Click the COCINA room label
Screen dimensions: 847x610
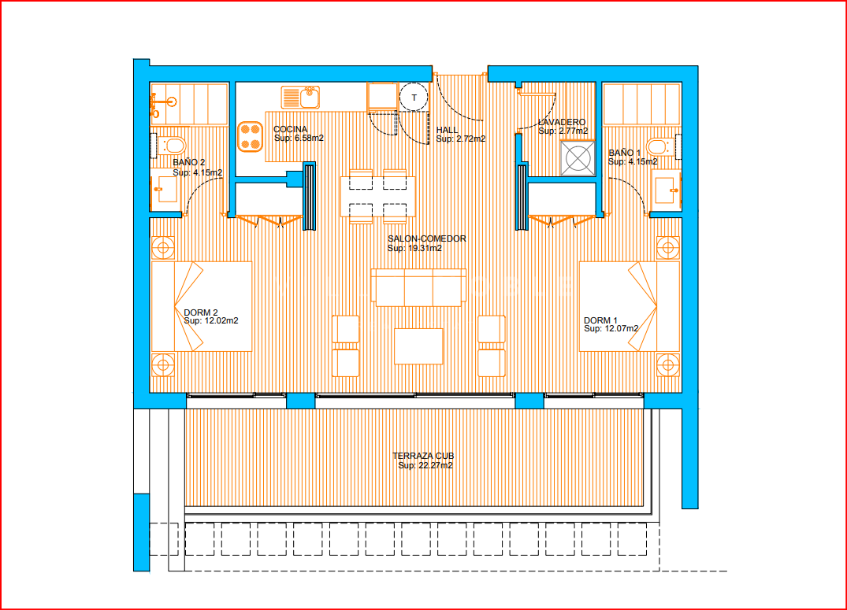[x=290, y=129]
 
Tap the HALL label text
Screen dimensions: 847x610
[x=447, y=130]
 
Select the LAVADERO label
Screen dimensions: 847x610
[x=562, y=122]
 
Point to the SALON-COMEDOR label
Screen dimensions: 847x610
[x=427, y=238]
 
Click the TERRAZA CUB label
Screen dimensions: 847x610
[x=423, y=456]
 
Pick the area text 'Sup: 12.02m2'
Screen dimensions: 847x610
[x=210, y=320]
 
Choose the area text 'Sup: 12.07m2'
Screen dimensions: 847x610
[x=611, y=328]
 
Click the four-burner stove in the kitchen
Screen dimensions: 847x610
[x=250, y=137]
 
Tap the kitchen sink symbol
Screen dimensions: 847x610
[x=300, y=97]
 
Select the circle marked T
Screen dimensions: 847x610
[x=414, y=98]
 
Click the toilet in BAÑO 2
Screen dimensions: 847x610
[x=172, y=145]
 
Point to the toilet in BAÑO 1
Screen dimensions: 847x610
[x=660, y=146]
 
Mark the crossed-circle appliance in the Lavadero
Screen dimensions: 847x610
[x=578, y=158]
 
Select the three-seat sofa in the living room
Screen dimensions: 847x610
[x=418, y=287]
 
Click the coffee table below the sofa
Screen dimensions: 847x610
[x=418, y=346]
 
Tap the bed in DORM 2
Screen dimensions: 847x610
[x=202, y=307]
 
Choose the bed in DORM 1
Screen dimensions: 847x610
[x=630, y=307]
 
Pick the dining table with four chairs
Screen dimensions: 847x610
[x=377, y=197]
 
